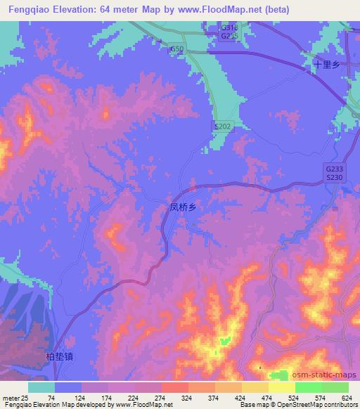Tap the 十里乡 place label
coord(327,64)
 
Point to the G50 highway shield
coord(176,49)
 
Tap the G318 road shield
coord(227,27)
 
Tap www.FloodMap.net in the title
coord(221,10)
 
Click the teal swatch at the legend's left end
coord(41,387)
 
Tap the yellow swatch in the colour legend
coord(282,387)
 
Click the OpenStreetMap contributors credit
coord(317,405)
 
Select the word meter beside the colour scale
coord(9,398)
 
